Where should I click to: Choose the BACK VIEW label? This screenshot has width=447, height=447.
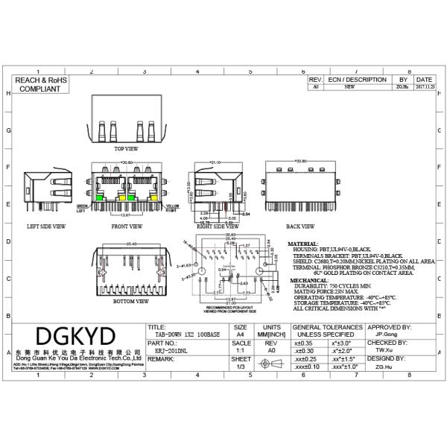click(300, 226)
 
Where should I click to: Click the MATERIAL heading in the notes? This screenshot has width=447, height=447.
click(303, 244)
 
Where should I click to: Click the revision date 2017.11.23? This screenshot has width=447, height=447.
click(425, 87)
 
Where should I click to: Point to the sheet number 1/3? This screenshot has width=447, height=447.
click(240, 367)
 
